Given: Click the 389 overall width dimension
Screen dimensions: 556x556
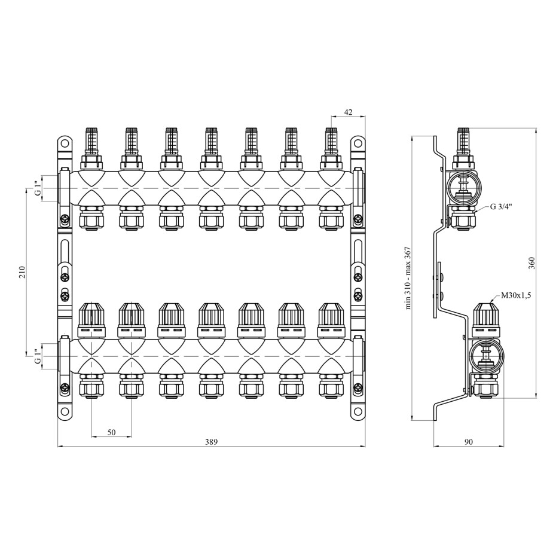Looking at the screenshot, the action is point(211,442).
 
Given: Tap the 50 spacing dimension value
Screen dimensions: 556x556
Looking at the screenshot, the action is point(111,432).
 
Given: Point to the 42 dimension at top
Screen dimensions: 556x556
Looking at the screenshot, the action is point(348,112).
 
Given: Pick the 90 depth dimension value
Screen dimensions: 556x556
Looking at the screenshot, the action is point(469,442).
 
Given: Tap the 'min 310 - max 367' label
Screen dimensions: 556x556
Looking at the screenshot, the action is point(408,278).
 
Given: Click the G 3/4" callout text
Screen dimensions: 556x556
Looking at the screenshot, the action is point(501,207).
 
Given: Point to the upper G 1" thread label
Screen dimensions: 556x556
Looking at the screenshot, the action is point(38,188).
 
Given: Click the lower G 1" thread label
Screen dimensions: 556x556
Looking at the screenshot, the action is point(38,356).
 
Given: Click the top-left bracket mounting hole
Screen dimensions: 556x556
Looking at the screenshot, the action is point(65,143).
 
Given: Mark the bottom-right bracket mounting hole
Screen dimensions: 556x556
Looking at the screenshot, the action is point(358,412).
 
